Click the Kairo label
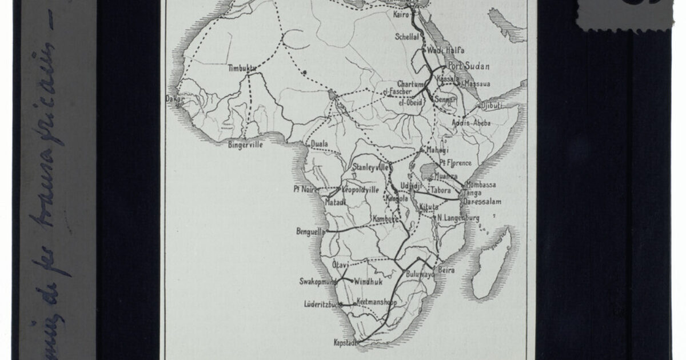pyautogui.click(x=401, y=14)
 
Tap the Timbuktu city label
pyautogui.click(x=240, y=68)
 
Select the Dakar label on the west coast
pyautogui.click(x=174, y=99)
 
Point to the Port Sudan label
pyautogui.click(x=469, y=66)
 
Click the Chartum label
pyautogui.click(x=410, y=83)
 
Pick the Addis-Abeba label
pyautogui.click(x=471, y=123)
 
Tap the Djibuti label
pyautogui.click(x=491, y=106)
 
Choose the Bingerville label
pyautogui.click(x=245, y=145)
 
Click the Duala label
pyautogui.click(x=320, y=144)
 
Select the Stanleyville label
pyautogui.click(x=371, y=168)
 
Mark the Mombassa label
pyautogui.click(x=481, y=185)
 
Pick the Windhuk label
pyautogui.click(x=368, y=282)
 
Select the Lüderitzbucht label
pyautogui.click(x=324, y=305)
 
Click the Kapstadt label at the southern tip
pyautogui.click(x=345, y=343)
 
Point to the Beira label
pyautogui.click(x=446, y=270)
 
